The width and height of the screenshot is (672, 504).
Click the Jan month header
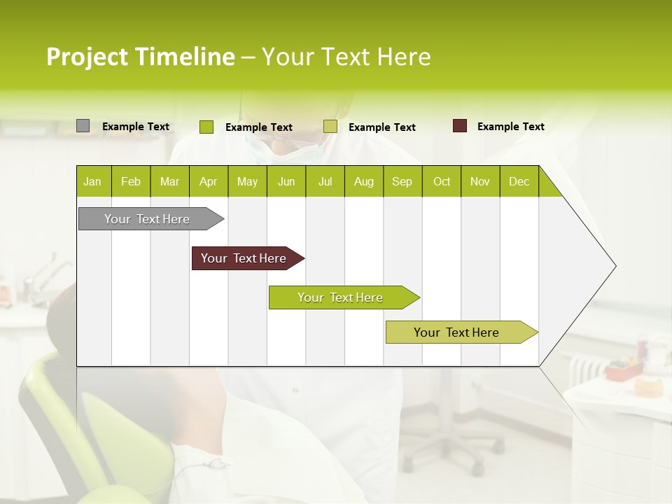click(93, 181)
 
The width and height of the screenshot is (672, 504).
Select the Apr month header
click(209, 181)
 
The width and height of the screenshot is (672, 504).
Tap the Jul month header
click(325, 181)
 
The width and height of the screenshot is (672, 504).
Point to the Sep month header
click(402, 181)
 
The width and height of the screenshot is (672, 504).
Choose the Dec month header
click(519, 181)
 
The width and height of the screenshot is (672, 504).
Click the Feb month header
click(131, 181)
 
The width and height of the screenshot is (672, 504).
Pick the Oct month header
click(442, 181)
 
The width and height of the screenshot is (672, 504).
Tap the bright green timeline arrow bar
click(341, 297)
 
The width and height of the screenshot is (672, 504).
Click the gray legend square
click(83, 126)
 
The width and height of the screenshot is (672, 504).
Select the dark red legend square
click(460, 126)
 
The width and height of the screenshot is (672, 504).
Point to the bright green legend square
click(206, 127)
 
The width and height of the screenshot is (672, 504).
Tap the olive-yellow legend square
click(330, 127)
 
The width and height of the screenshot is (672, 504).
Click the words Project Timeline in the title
click(140, 57)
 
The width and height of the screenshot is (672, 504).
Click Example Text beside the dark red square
click(510, 127)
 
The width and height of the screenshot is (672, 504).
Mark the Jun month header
click(286, 181)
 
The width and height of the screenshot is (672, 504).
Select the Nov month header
click(480, 181)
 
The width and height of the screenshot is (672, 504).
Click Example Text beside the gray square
click(136, 127)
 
